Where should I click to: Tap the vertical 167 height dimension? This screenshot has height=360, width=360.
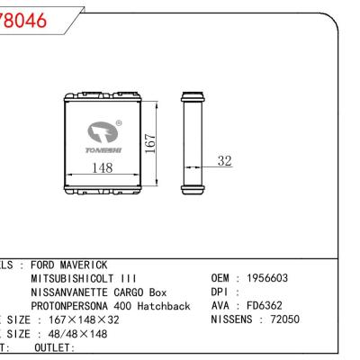point(152,141)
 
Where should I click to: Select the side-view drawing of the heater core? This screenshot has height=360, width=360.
point(192,142)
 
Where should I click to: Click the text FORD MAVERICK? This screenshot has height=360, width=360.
point(69,265)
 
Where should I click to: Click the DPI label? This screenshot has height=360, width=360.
point(220,292)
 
